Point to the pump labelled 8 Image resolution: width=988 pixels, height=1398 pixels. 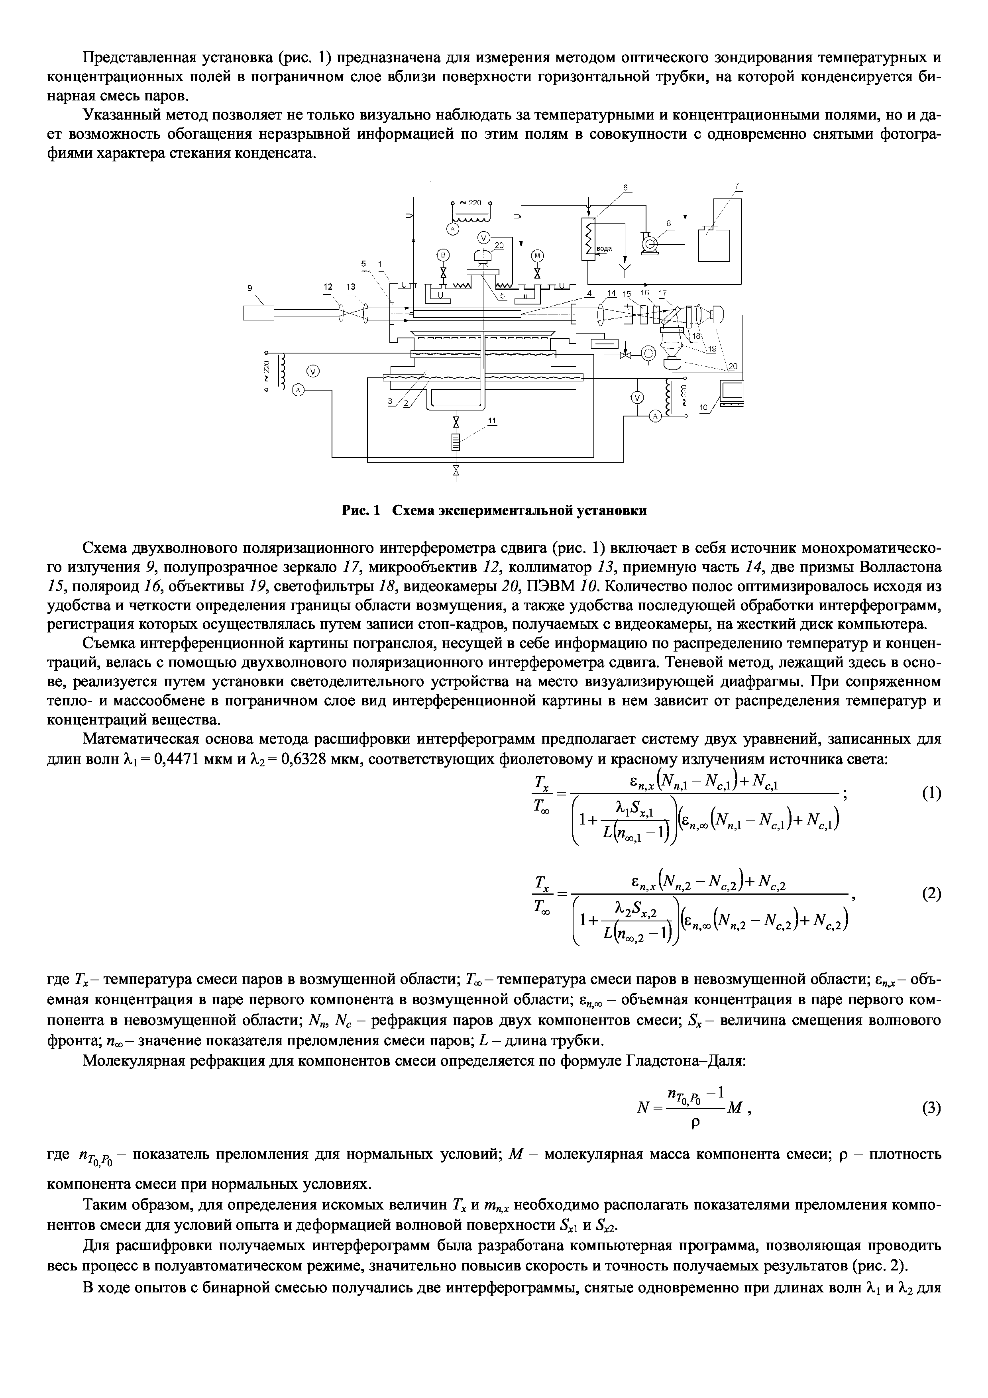[650, 243]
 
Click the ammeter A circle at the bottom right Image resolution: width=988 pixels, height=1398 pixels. [655, 416]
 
